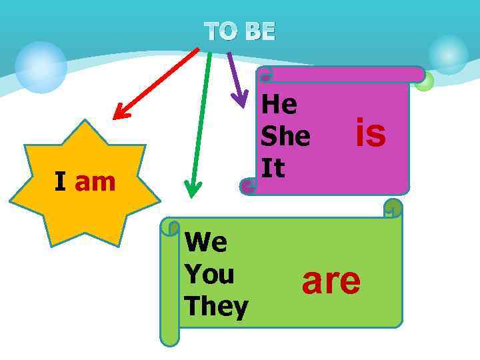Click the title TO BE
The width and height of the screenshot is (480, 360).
[x=239, y=31]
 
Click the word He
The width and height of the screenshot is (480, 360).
[x=279, y=104]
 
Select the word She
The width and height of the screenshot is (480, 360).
[x=285, y=136]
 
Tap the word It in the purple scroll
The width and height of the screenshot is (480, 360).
[x=273, y=167]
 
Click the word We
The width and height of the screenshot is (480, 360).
[x=206, y=242]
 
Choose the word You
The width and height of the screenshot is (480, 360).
[x=209, y=274]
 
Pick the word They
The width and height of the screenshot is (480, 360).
[x=216, y=307]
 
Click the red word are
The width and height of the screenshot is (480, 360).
[x=331, y=281]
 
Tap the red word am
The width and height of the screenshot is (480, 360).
[x=95, y=181]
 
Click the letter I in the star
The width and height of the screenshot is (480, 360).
[x=60, y=181]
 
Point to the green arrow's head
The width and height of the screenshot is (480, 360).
[x=193, y=190]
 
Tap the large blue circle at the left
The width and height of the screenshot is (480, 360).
[x=41, y=67]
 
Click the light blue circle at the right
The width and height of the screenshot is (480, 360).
[x=448, y=55]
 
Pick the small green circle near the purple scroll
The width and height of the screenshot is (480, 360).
[x=424, y=81]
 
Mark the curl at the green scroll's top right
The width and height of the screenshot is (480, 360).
[x=393, y=208]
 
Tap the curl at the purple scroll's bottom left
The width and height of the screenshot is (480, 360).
[x=249, y=186]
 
